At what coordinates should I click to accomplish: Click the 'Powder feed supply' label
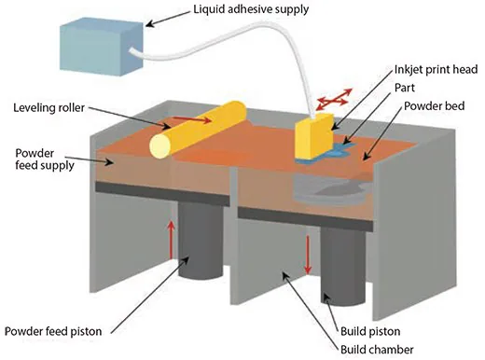[41, 158]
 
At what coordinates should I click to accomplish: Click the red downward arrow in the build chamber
[307, 250]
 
